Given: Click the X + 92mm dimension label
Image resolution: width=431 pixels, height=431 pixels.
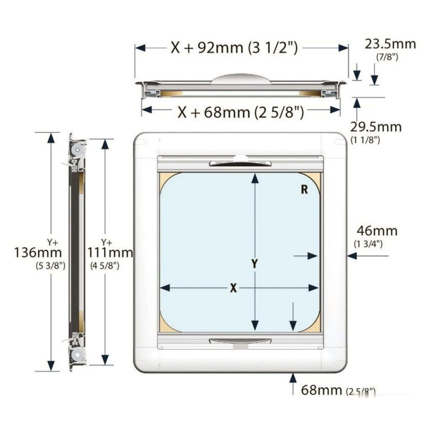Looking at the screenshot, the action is pyautogui.click(x=234, y=48).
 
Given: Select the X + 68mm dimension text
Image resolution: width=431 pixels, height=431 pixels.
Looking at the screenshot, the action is pyautogui.click(x=241, y=112).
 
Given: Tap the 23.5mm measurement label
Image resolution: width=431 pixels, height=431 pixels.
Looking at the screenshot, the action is pyautogui.click(x=391, y=44).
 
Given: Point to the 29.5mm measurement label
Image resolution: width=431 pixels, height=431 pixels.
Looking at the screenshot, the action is pyautogui.click(x=376, y=127).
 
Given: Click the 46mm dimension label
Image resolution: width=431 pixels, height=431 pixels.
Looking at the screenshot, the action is pyautogui.click(x=377, y=231).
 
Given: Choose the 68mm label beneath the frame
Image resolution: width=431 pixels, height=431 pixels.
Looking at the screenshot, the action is pyautogui.click(x=321, y=390).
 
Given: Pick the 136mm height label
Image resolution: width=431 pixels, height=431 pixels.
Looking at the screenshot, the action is pyautogui.click(x=38, y=252).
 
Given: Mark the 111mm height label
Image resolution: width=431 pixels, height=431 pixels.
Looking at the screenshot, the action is pyautogui.click(x=110, y=252).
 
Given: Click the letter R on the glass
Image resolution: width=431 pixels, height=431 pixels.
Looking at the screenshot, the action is pyautogui.click(x=304, y=189).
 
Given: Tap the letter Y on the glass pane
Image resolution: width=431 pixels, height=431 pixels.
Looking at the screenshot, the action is pyautogui.click(x=255, y=264).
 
